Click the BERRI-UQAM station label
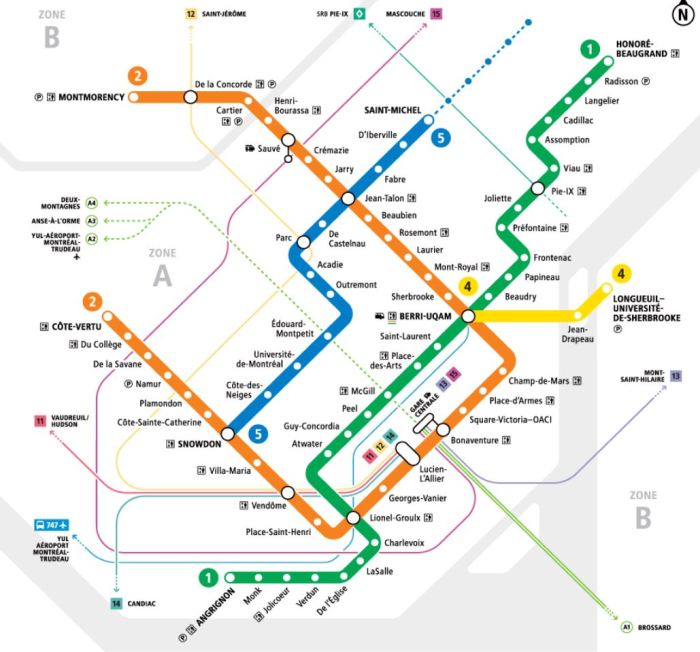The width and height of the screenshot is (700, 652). pyautogui.click(x=424, y=316)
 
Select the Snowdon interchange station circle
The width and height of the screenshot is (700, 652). pyautogui.click(x=228, y=433)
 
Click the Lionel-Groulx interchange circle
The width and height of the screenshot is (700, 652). pyautogui.click(x=352, y=517)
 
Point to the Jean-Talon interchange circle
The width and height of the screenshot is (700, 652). pyautogui.click(x=348, y=199)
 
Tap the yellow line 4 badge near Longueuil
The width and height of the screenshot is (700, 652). pyautogui.click(x=621, y=274)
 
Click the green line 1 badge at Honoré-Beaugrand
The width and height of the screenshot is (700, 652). pyautogui.click(x=591, y=50)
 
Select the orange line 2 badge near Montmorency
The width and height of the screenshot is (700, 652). pyautogui.click(x=137, y=75)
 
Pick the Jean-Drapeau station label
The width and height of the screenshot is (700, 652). pyautogui.click(x=576, y=333)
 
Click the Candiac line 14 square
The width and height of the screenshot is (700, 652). pyautogui.click(x=116, y=603)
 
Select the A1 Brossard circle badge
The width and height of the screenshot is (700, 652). pyautogui.click(x=627, y=627)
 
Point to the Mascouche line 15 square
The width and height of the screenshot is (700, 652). pyautogui.click(x=435, y=13)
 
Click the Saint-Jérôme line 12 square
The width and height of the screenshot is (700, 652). pyautogui.click(x=191, y=14)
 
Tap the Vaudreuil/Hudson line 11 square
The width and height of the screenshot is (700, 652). pyautogui.click(x=40, y=420)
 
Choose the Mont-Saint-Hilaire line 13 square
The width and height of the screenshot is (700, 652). pyautogui.click(x=676, y=375)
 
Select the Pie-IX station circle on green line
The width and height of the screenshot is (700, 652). pyautogui.click(x=538, y=189)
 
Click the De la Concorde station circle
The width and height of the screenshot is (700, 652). pyautogui.click(x=189, y=97)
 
